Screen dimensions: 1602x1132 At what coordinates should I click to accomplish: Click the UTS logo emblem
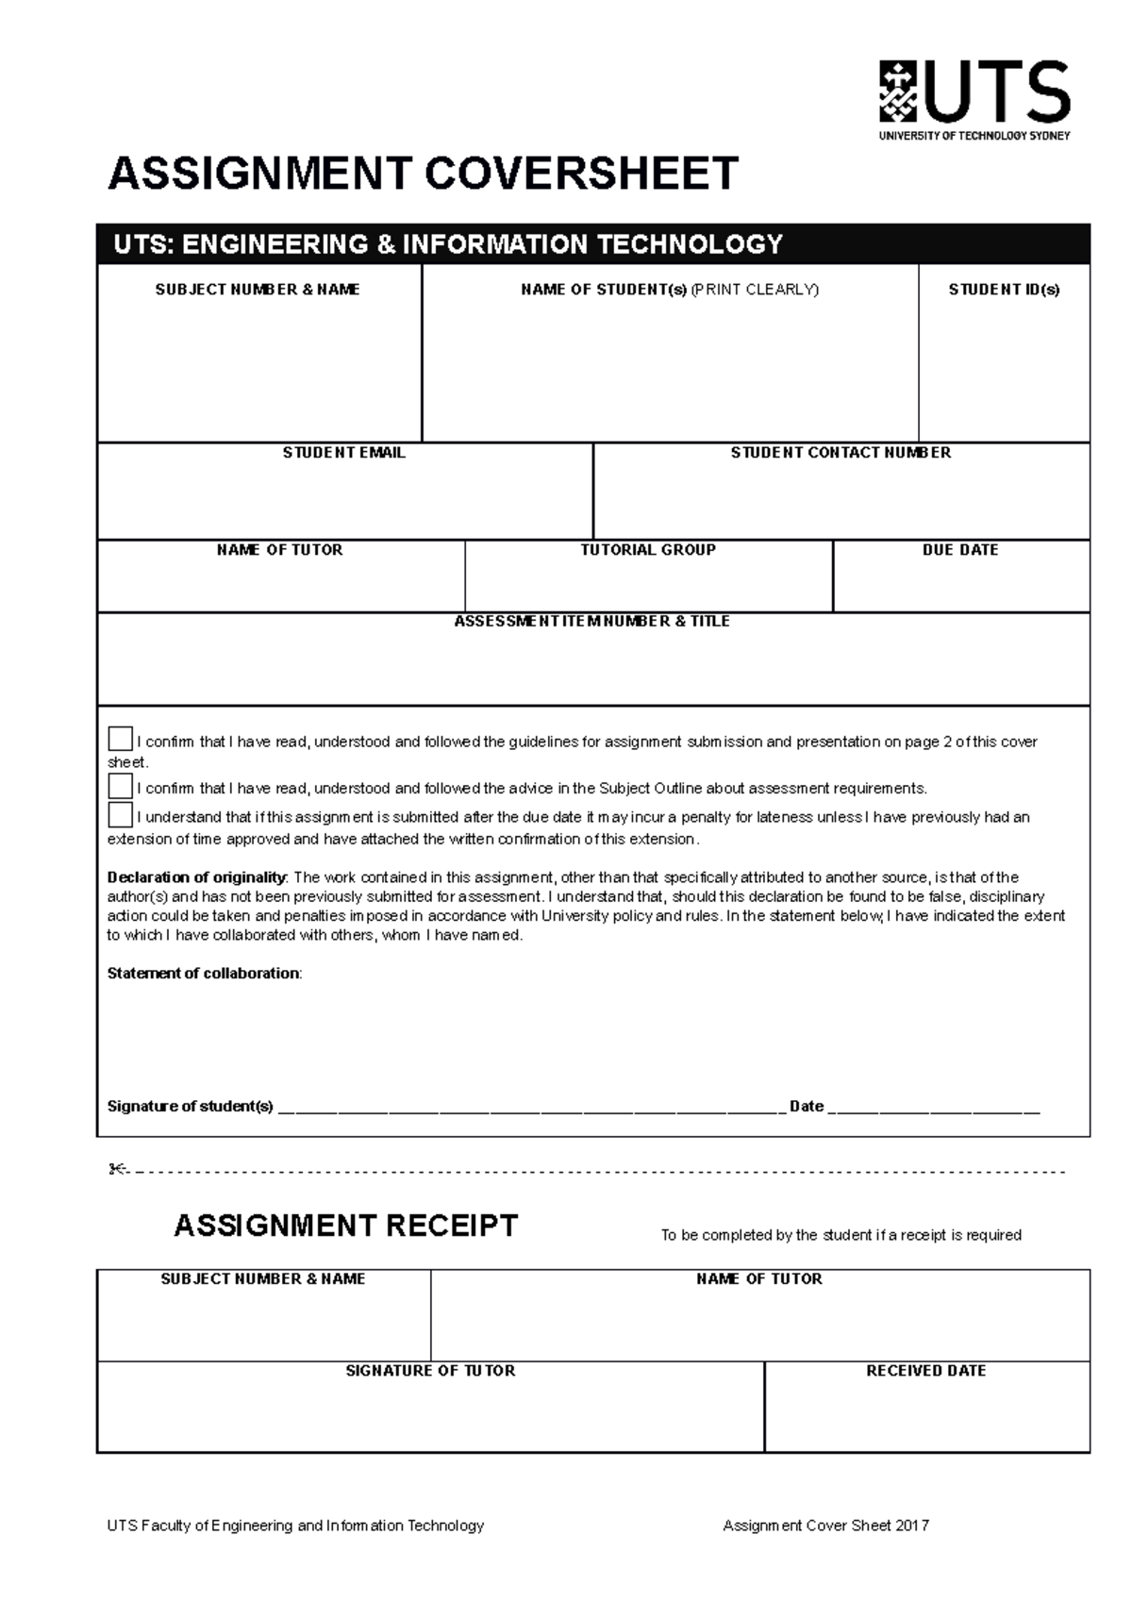(897, 92)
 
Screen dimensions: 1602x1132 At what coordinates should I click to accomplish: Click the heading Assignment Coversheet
(423, 174)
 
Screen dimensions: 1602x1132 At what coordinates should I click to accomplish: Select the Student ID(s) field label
(1004, 290)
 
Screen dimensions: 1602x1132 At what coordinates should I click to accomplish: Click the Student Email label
(343, 453)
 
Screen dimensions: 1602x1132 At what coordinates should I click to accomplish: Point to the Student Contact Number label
(841, 453)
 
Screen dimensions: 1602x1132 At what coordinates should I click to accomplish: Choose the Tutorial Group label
(648, 550)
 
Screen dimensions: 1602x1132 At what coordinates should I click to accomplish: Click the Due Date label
(960, 550)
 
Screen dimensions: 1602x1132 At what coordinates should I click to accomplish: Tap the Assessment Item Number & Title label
(592, 622)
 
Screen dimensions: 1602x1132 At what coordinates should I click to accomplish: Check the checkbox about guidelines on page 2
(121, 739)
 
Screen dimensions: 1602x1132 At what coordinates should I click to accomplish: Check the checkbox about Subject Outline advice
(121, 786)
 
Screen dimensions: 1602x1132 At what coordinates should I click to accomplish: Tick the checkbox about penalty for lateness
(121, 814)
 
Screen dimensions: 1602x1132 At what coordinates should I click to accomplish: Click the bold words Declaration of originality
(196, 877)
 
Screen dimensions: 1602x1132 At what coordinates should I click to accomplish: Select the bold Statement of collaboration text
(204, 974)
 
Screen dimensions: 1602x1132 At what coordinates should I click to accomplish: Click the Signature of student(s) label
(190, 1107)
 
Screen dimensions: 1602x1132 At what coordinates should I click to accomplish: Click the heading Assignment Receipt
(346, 1226)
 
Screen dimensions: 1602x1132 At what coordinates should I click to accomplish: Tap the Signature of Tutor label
(430, 1371)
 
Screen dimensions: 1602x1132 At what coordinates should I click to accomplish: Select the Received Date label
(925, 1371)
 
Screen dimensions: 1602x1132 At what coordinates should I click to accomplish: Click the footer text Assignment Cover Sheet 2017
(825, 1526)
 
